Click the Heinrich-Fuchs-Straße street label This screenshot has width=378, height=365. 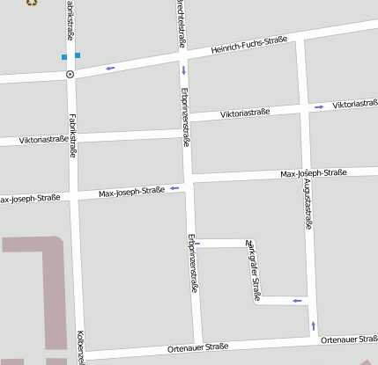(249, 45)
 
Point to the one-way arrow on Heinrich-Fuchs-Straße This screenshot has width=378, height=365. (110, 68)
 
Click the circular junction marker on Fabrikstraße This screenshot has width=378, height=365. (70, 75)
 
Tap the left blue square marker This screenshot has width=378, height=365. (64, 57)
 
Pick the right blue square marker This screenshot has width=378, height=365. (78, 55)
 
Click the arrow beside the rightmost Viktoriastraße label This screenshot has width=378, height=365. (319, 106)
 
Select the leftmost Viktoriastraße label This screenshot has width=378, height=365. (33, 139)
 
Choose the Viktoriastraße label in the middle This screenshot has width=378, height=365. (244, 113)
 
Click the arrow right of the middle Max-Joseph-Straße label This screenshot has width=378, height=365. (174, 187)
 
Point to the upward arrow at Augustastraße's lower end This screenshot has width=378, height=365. (314, 326)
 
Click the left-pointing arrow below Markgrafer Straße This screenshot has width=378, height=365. (297, 301)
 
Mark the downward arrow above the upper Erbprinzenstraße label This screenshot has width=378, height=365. (184, 70)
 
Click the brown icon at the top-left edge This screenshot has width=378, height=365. (32, 3)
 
